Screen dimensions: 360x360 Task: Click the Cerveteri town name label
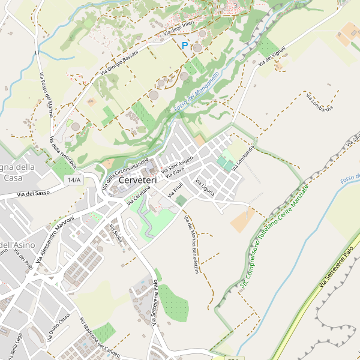coord(138,180)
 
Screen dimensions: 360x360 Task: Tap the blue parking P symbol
coord(185,45)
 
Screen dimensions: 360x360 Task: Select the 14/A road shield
coord(74,180)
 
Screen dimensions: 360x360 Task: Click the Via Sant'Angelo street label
coord(176,163)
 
